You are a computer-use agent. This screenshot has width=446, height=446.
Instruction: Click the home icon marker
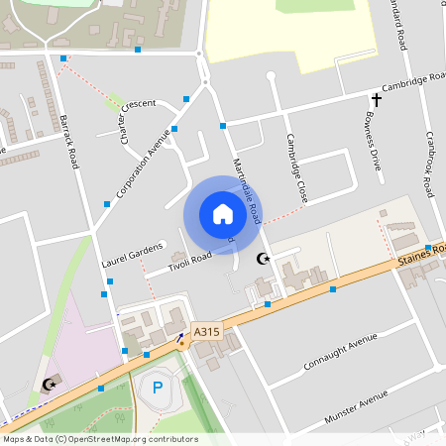pyautogui.click(x=223, y=214)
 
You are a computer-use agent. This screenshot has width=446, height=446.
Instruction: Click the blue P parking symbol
pyautogui.click(x=159, y=387)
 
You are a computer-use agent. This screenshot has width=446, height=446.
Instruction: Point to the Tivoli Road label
pyautogui.click(x=190, y=260)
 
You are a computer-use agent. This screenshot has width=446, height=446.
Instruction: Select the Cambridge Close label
pyautogui.click(x=295, y=168)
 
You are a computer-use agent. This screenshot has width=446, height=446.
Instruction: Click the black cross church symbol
pyautogui.click(x=377, y=99)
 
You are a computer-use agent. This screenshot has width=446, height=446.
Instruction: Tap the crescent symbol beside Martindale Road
pyautogui.click(x=263, y=259)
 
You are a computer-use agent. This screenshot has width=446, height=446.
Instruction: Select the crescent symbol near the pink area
pyautogui.click(x=47, y=384)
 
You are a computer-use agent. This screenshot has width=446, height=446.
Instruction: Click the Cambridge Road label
pyautogui.click(x=413, y=82)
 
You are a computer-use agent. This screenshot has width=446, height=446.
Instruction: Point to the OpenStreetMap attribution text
pyautogui.click(x=100, y=439)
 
